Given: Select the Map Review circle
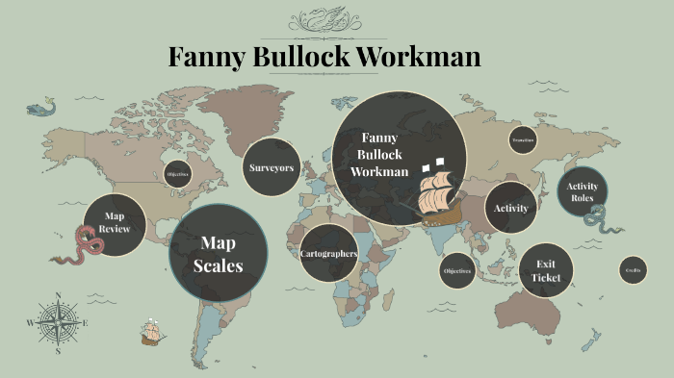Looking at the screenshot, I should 115,223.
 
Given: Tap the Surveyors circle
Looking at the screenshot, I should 271,167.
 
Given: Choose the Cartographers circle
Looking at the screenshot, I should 328,253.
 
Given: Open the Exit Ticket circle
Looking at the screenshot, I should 546,270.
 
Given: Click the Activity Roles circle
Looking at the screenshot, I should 582,191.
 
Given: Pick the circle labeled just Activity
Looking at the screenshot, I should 510,208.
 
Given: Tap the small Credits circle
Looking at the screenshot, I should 633,270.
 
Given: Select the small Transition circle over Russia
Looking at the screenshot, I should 524,140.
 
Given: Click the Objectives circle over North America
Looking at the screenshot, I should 177,174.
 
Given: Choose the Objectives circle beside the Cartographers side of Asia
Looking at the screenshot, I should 457,271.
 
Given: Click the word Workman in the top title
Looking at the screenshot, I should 420,57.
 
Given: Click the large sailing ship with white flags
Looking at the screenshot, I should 438,192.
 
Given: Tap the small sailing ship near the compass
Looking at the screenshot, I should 151,333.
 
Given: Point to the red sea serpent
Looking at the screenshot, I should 82,246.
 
